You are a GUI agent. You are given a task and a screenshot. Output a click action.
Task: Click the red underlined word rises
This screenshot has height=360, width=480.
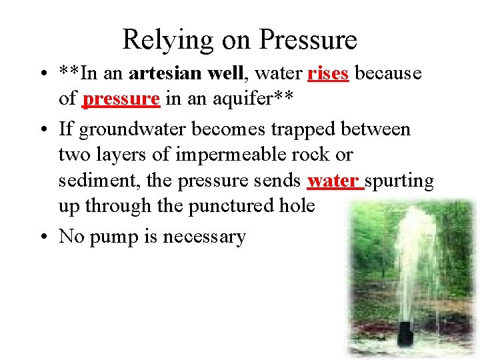328,73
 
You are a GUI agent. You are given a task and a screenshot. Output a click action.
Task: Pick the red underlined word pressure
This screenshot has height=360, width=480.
121,99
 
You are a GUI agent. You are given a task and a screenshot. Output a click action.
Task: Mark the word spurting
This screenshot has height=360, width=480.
399,181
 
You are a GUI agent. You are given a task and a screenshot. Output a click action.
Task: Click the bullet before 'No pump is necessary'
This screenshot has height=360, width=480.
45,236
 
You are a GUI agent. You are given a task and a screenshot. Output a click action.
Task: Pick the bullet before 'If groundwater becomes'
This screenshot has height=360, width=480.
45,127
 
